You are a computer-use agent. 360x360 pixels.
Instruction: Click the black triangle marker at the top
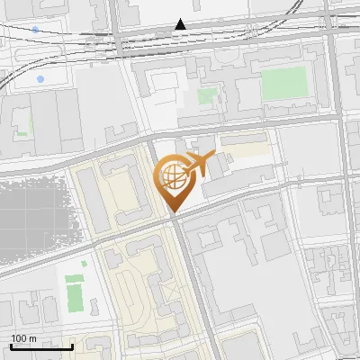point(181,24)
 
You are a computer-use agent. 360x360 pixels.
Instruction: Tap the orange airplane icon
point(203,164)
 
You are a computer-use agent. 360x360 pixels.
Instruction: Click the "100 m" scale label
point(23,338)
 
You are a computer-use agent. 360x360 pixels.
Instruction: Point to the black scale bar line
point(41,346)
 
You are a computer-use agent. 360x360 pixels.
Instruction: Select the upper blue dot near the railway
point(35,30)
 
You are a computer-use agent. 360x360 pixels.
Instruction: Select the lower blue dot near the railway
point(40,80)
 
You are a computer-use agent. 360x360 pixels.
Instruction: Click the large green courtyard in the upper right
point(285,84)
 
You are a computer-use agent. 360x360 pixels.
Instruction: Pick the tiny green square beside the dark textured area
point(83,265)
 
